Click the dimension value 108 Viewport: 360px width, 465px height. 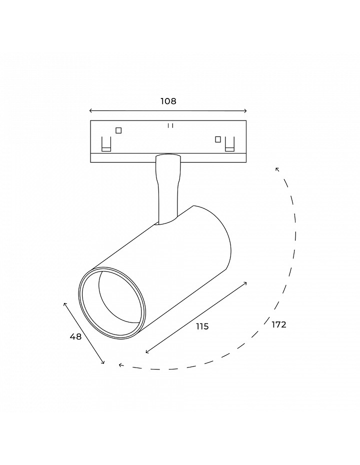[168, 101]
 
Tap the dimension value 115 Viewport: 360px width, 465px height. [202, 326]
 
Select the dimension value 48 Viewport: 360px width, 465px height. [75, 336]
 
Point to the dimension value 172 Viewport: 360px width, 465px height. [278, 324]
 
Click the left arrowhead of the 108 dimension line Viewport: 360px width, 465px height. [90, 111]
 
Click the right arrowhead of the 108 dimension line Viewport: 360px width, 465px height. [245, 111]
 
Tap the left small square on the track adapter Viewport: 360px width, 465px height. [118, 130]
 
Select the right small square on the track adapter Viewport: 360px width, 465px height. [218, 139]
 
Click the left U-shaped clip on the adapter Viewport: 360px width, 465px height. [106, 144]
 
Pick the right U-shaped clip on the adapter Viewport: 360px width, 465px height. [229, 144]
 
